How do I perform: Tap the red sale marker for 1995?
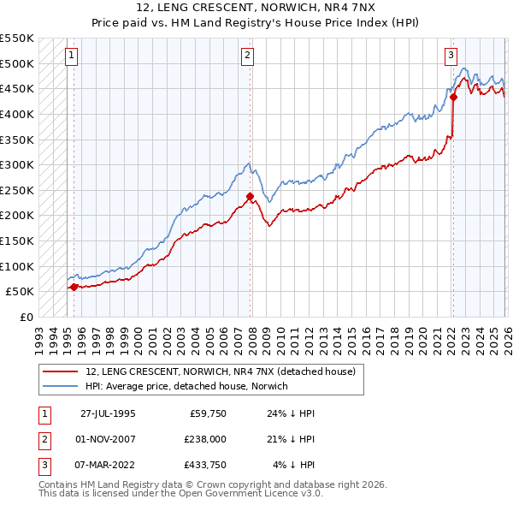click(74, 287)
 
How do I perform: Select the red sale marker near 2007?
click(250, 196)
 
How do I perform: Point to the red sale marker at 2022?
click(453, 97)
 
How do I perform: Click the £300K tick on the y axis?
click(17, 164)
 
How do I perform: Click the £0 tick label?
click(27, 317)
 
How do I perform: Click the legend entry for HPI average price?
click(187, 386)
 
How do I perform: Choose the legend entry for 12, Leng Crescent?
click(226, 371)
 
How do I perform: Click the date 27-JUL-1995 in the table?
click(108, 413)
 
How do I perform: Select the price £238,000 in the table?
click(204, 440)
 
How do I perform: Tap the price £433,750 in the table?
click(204, 466)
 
